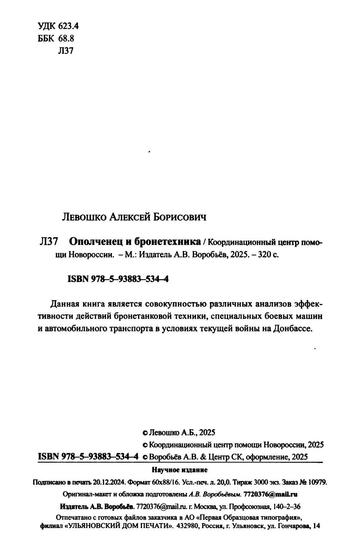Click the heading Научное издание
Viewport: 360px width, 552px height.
pyautogui.click(x=179, y=470)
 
